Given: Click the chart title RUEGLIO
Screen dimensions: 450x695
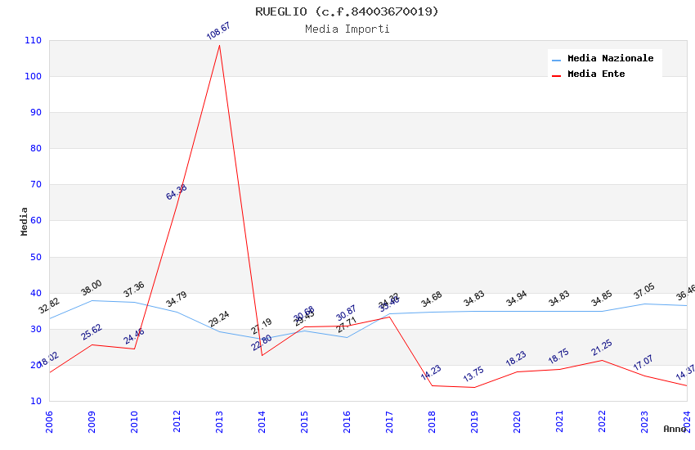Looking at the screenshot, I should point(347,11).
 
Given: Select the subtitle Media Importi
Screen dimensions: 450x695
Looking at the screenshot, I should point(347,29).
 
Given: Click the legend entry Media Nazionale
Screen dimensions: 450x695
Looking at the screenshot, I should point(610,58).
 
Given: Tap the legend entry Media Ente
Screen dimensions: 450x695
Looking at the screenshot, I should point(595,74).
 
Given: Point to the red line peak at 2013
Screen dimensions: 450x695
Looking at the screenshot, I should point(219,45).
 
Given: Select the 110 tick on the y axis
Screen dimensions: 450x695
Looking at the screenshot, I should point(34,40).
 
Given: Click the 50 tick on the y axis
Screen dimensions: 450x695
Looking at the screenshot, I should point(36,257).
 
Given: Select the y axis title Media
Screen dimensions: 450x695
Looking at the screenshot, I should point(25,221).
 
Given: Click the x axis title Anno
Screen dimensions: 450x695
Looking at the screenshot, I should point(675,429).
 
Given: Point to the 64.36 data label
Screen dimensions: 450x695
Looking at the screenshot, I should point(177,192).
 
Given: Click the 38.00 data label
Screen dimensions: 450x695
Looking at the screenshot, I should point(92,288).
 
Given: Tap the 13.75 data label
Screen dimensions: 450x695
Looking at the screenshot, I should point(473,375).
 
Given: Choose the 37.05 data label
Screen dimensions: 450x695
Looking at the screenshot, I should point(644,292).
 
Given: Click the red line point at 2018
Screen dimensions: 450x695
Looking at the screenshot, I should point(432,385).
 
